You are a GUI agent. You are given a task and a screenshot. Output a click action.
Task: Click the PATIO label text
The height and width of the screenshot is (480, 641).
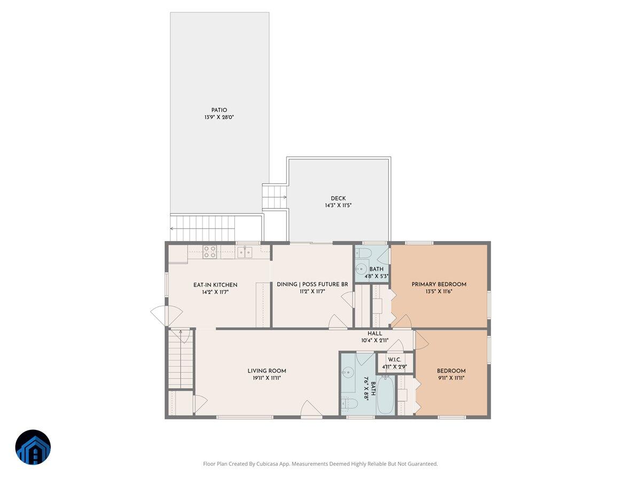[219, 110]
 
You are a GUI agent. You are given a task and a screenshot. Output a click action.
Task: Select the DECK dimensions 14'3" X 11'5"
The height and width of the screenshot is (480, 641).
[338, 206]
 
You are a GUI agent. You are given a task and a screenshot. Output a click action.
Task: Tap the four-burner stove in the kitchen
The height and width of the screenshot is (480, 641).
[209, 252]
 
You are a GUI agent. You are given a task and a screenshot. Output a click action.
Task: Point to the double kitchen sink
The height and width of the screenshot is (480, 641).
[245, 252]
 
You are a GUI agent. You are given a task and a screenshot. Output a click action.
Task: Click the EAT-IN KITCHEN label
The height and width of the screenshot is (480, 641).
[215, 285]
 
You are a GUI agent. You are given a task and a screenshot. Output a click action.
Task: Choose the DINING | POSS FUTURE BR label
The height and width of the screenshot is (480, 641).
[312, 284]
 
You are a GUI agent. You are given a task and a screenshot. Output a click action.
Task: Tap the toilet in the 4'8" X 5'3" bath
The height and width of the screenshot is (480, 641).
[364, 252]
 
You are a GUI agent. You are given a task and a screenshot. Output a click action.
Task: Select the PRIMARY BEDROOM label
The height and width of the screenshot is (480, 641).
[439, 284]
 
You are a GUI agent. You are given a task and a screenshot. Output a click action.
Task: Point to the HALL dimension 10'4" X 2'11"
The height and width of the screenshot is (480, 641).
[375, 340]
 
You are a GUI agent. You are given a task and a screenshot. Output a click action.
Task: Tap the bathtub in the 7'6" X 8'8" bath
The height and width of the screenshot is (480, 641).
[386, 395]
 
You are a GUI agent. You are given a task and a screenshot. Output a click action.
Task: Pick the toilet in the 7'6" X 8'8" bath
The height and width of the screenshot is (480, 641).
[349, 405]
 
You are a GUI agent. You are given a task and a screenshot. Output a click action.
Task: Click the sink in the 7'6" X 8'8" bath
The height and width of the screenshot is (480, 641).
[348, 372]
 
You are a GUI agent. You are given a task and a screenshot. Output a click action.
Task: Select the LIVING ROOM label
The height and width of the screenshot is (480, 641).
[267, 371]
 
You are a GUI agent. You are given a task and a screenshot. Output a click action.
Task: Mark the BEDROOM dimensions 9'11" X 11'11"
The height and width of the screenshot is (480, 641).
[451, 378]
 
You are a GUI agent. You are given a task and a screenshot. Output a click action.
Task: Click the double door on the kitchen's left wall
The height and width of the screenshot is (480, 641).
[160, 316]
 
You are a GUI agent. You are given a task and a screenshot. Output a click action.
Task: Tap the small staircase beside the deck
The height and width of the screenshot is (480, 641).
[275, 196]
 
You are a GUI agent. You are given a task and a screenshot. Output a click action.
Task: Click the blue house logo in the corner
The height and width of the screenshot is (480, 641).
[33, 447]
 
